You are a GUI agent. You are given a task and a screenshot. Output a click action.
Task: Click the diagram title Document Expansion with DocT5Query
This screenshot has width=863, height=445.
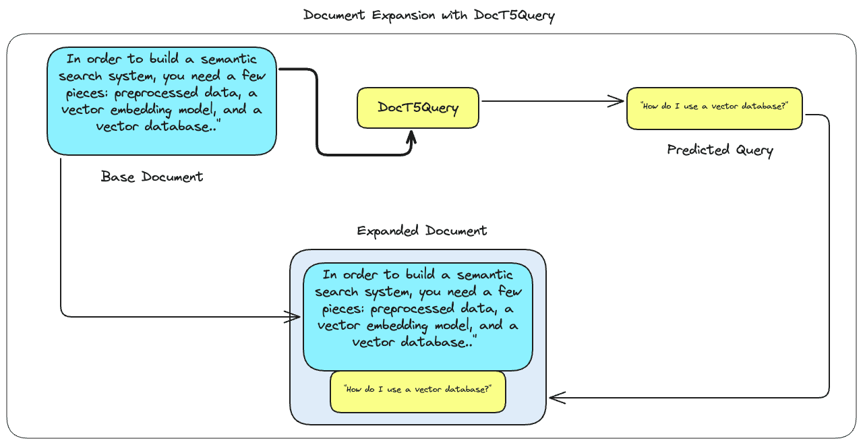click(x=429, y=15)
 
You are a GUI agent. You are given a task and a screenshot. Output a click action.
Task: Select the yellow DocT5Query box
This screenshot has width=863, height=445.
click(x=418, y=108)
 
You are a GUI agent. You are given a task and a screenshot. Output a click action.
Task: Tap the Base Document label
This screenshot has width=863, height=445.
click(x=152, y=177)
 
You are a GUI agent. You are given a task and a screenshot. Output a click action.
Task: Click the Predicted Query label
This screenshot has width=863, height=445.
click(x=719, y=150)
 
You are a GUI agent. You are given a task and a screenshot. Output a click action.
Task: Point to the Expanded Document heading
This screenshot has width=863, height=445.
click(x=421, y=231)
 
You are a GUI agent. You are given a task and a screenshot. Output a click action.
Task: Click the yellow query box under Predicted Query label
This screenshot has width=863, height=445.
click(x=715, y=108)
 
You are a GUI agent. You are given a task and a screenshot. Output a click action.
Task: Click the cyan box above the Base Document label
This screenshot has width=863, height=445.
click(x=162, y=101)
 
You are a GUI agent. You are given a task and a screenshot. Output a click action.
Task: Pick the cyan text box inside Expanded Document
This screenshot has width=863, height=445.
click(x=418, y=317)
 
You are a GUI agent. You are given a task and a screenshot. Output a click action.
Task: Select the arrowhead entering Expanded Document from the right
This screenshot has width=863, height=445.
click(x=556, y=398)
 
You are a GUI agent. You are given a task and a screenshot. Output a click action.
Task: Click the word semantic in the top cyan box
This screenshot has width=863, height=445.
click(x=229, y=59)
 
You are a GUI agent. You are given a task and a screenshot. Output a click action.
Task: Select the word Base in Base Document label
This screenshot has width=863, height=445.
click(x=118, y=177)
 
